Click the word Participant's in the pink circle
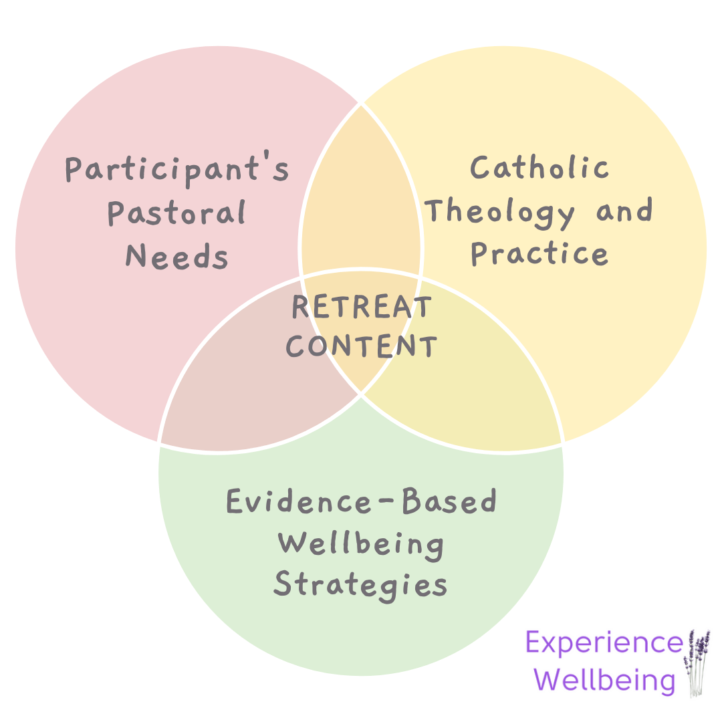point(176,170)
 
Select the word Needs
point(176,256)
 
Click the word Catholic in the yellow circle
point(539,167)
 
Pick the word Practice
point(539,253)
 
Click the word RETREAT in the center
point(362,308)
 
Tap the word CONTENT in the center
point(362,346)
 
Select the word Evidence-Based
point(362,501)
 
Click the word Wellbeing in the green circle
point(362,543)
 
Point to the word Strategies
point(362,584)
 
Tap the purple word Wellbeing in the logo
point(606,681)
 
